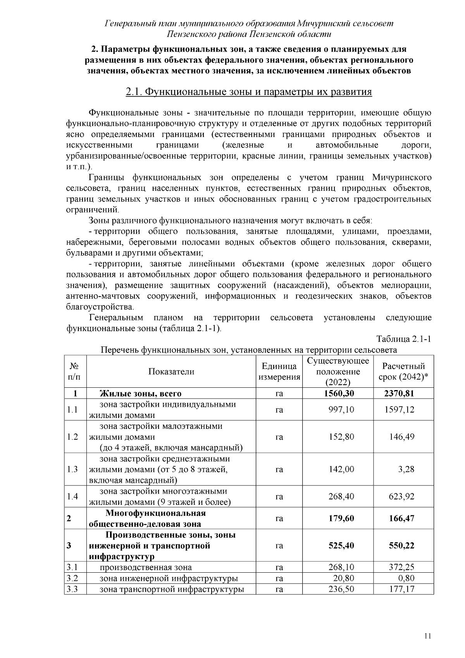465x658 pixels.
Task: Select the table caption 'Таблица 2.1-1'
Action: [x=404, y=339]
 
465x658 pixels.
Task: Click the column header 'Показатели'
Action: [x=171, y=371]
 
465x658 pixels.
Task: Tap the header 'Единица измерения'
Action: [x=279, y=371]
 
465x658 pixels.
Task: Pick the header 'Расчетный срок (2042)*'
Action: [x=403, y=371]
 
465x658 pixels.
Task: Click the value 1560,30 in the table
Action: [x=339, y=394]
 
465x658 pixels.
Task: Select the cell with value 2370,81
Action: [x=399, y=394]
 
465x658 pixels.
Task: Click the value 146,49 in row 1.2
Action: [x=402, y=437]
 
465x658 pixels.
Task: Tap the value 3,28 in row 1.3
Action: [x=406, y=469]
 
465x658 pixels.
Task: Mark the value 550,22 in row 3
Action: [x=401, y=546]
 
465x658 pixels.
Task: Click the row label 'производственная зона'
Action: [x=146, y=567]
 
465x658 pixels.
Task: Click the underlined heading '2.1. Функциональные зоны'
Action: [x=249, y=92]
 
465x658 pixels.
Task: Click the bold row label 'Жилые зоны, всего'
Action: [x=140, y=394]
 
